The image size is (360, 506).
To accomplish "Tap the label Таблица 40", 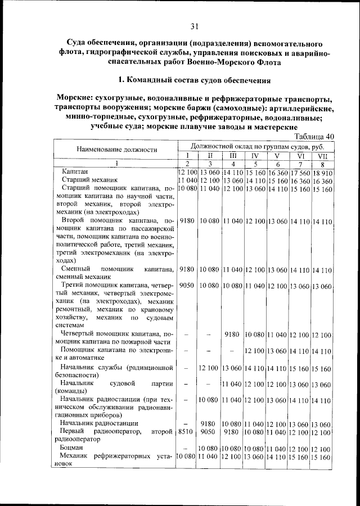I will point(314,136).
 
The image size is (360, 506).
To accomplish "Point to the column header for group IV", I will point(254,155).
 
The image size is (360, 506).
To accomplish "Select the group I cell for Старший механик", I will point(187,180).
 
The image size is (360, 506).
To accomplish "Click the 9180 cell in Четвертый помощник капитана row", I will point(232,335).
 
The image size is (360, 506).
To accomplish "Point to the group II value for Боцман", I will point(209,448).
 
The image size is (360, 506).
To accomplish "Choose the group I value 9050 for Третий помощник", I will point(187,286).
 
